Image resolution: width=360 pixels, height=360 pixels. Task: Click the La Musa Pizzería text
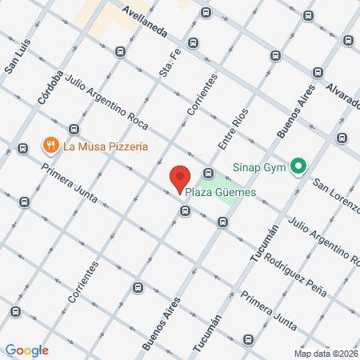[106, 146]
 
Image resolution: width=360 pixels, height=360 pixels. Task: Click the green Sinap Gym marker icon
[298, 167]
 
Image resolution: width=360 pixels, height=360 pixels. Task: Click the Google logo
[27, 350]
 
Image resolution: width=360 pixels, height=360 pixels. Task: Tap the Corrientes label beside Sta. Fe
[203, 97]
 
